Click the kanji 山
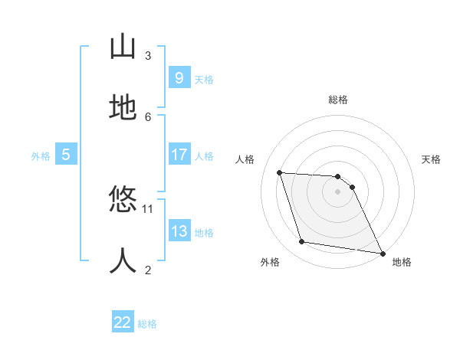(x=123, y=47)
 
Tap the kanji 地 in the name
(x=123, y=109)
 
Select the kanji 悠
(x=123, y=201)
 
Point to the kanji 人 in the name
(x=123, y=261)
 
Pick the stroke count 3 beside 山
(x=148, y=55)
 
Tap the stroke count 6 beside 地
(x=148, y=116)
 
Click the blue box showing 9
(x=179, y=78)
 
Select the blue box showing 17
(x=179, y=155)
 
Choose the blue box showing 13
(x=179, y=231)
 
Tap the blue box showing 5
(x=66, y=155)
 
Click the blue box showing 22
(x=123, y=322)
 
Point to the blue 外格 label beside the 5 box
(x=41, y=155)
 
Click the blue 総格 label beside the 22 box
(x=147, y=324)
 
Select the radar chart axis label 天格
(x=432, y=159)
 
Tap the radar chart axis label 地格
(x=402, y=263)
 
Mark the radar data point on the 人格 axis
(x=280, y=172)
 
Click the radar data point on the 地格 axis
(x=381, y=252)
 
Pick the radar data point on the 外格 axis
(x=302, y=242)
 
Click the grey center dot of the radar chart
(x=338, y=191)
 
